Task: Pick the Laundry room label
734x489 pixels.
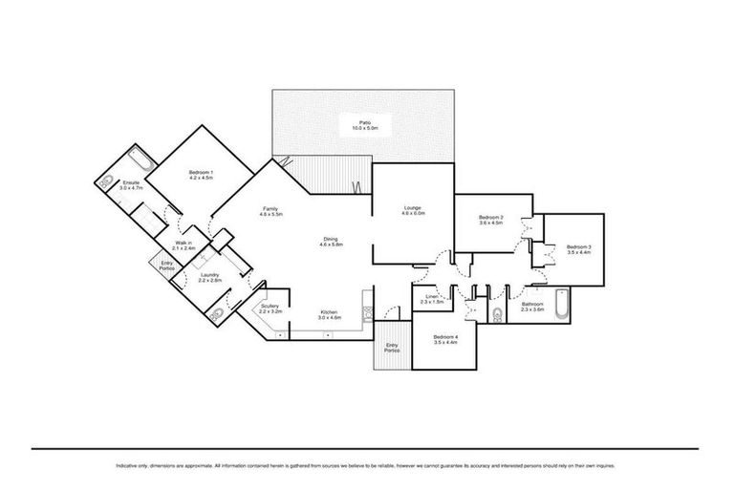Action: [210, 279]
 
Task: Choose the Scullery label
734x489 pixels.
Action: [270, 309]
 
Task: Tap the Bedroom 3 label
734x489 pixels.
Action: [579, 250]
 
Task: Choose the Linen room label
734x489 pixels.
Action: [432, 300]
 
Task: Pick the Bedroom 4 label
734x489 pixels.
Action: [445, 340]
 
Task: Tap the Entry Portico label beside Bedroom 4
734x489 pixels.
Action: [392, 350]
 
